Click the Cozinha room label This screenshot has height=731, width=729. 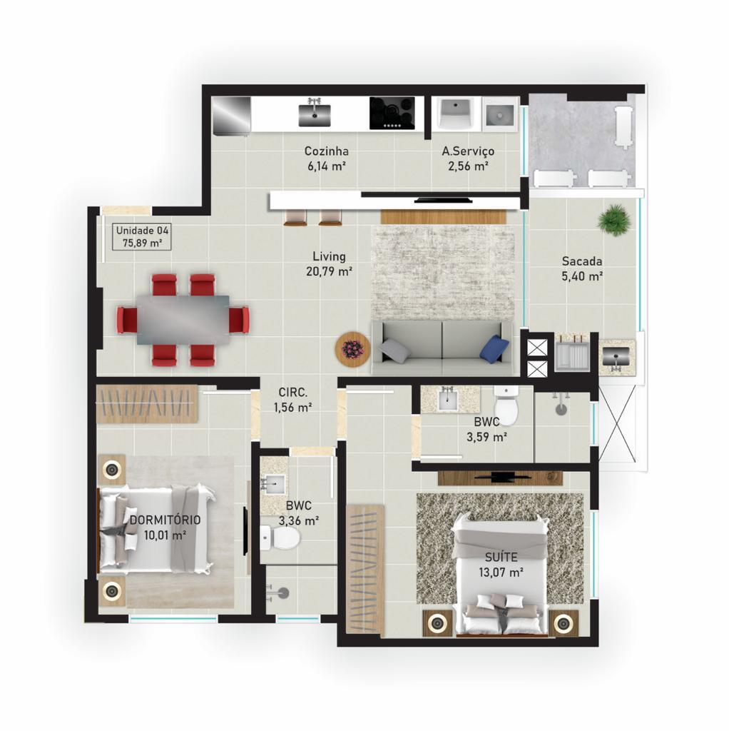(x=326, y=151)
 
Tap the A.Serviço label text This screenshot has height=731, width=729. (x=468, y=151)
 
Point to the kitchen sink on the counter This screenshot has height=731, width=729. (x=315, y=113)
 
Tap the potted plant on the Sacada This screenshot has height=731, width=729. (x=614, y=219)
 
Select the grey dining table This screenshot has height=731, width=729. (x=183, y=320)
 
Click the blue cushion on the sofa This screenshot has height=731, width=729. (x=494, y=348)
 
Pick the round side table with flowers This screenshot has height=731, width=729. (x=352, y=349)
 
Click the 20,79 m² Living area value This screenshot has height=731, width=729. (x=329, y=271)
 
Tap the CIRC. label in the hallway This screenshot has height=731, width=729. (x=293, y=392)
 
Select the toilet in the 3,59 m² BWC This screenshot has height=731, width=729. (x=507, y=406)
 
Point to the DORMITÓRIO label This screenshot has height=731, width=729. (x=165, y=520)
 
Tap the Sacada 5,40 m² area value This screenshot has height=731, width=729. (x=582, y=276)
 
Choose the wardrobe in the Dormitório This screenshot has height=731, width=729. (x=146, y=403)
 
